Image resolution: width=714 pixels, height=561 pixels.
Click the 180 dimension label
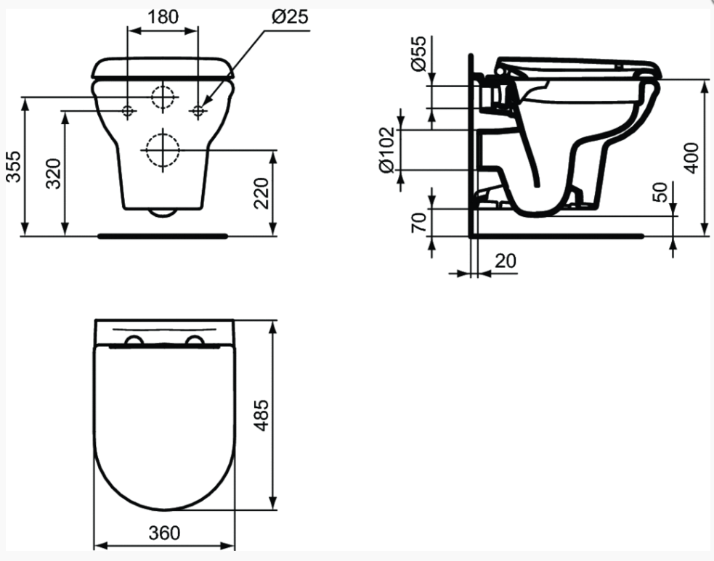[x=163, y=17]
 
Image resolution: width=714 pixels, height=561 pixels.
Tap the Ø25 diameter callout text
[x=290, y=17]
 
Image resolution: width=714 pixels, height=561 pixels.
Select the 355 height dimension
[x=14, y=166]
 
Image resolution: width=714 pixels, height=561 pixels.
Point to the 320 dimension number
[x=54, y=173]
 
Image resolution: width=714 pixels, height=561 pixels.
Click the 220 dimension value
[x=261, y=193]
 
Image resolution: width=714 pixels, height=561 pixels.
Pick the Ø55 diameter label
[x=419, y=54]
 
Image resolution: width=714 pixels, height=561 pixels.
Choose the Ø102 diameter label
[x=386, y=150]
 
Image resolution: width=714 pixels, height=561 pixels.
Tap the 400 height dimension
[x=691, y=158]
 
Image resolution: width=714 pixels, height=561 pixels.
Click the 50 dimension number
[x=660, y=192]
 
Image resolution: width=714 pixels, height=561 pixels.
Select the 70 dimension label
[x=419, y=221]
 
